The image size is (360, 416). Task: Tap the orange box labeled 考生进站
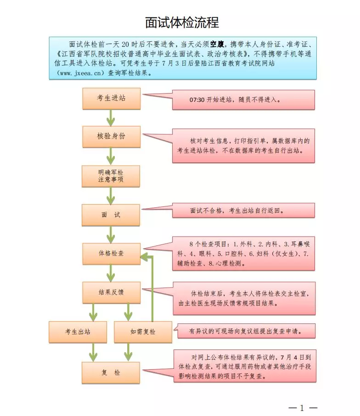click(111, 99)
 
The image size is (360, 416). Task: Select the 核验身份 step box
click(111, 137)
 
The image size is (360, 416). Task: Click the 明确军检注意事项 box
click(111, 176)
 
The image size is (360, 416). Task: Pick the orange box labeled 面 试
click(111, 215)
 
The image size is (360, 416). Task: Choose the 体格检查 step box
click(111, 253)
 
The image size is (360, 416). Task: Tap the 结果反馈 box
click(111, 292)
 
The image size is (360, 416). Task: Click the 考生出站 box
click(78, 332)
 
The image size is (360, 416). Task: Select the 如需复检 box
click(143, 332)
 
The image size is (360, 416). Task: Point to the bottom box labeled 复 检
click(111, 373)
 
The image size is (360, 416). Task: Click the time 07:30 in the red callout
click(197, 100)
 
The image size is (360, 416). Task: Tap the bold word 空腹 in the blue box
click(217, 44)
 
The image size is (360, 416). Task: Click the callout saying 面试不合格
click(243, 211)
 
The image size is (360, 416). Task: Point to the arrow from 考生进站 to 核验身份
click(111, 118)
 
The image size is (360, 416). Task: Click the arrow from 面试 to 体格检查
click(111, 234)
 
